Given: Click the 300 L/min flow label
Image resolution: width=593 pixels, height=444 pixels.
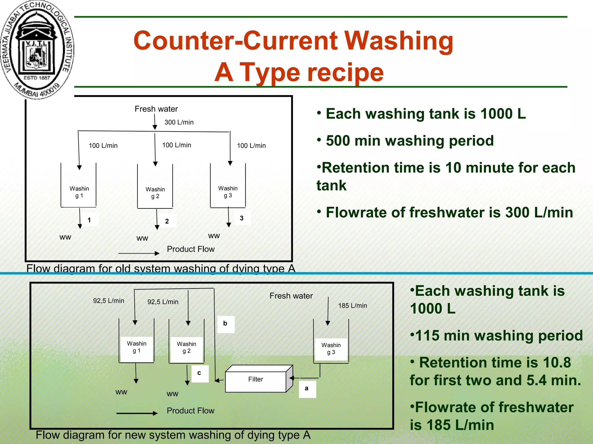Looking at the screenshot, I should coord(179,122).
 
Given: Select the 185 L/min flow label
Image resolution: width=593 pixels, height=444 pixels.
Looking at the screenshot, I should coord(352,306).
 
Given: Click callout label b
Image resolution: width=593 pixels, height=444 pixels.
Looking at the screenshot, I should coord(226,324).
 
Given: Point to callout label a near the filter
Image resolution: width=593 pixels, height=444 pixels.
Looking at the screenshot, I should coord(307,389).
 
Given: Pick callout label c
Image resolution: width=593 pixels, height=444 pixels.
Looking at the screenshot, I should coord(200,373).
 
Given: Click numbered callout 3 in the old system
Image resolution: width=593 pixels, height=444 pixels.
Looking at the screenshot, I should coord(242,219).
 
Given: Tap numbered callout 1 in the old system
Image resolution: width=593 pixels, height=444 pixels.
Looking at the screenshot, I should coord(89,220).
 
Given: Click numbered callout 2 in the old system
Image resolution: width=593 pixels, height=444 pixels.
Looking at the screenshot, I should coord(167,221).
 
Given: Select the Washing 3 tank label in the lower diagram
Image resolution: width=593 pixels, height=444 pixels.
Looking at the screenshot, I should coord(331,349).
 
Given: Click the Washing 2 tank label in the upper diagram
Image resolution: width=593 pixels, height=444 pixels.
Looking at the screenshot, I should coord(155,193).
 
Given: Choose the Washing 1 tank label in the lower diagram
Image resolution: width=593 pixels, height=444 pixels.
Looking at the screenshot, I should coord(137,347).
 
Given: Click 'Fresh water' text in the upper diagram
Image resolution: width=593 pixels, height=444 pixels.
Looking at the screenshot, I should coord(156,109).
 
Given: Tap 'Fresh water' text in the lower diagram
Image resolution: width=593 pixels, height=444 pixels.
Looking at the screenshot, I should coord(291,296).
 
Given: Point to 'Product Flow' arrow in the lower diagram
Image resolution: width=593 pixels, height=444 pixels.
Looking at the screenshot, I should coord(137,413).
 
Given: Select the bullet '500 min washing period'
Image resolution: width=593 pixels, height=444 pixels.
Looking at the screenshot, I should coord(409,141).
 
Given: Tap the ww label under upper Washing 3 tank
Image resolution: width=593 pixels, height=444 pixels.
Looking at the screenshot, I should coord(214,236).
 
